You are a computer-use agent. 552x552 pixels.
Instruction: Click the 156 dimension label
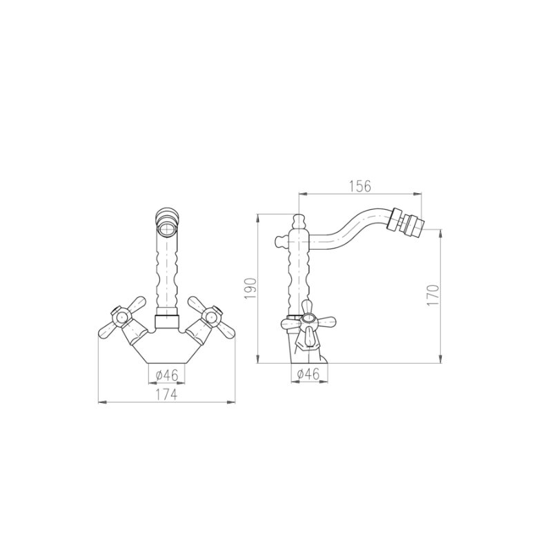(360, 186)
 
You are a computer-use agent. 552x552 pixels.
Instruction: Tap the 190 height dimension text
(250, 288)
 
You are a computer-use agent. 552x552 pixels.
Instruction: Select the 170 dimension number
(433, 295)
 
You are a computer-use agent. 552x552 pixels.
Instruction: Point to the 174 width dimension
(166, 395)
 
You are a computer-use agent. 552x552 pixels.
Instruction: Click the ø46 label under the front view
(167, 375)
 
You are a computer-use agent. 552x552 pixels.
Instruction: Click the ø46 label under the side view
(308, 373)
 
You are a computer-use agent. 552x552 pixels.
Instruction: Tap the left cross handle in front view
(122, 317)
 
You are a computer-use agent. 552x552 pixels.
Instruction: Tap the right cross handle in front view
(211, 317)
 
